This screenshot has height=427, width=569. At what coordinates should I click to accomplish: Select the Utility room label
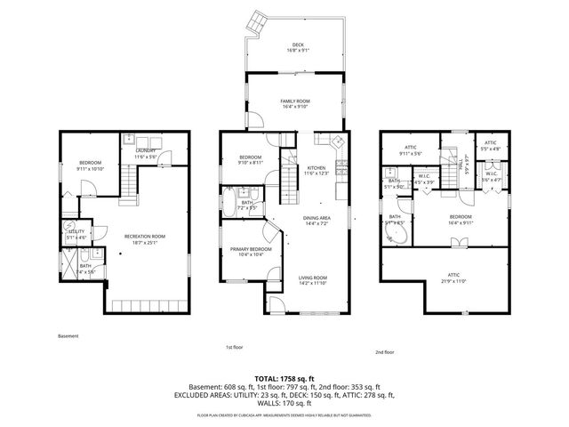[x=76, y=235]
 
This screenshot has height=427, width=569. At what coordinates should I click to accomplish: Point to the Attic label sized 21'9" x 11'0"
[x=454, y=280]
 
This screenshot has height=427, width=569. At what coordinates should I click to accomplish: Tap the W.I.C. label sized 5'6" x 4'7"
[x=492, y=177]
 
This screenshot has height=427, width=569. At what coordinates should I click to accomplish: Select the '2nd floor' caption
[x=385, y=351]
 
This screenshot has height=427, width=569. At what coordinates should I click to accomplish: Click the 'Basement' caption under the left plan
[x=68, y=336]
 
